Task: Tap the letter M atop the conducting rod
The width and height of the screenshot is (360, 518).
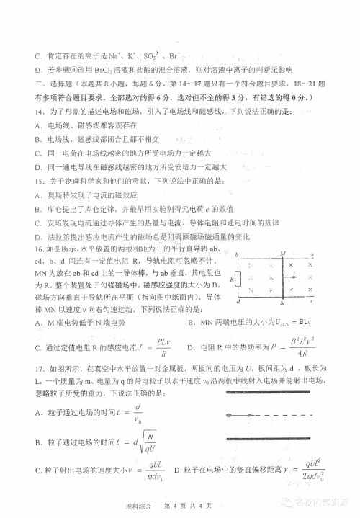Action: [x=282, y=253]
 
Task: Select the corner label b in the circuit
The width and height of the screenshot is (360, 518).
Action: [x=235, y=254]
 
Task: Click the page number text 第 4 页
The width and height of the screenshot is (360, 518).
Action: [x=178, y=506]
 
